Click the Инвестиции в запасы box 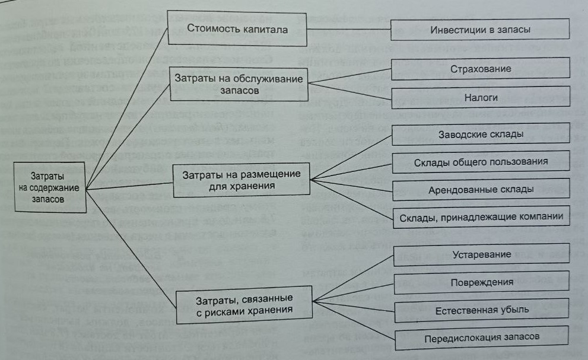coord(479,29)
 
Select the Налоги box coord(480,97)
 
